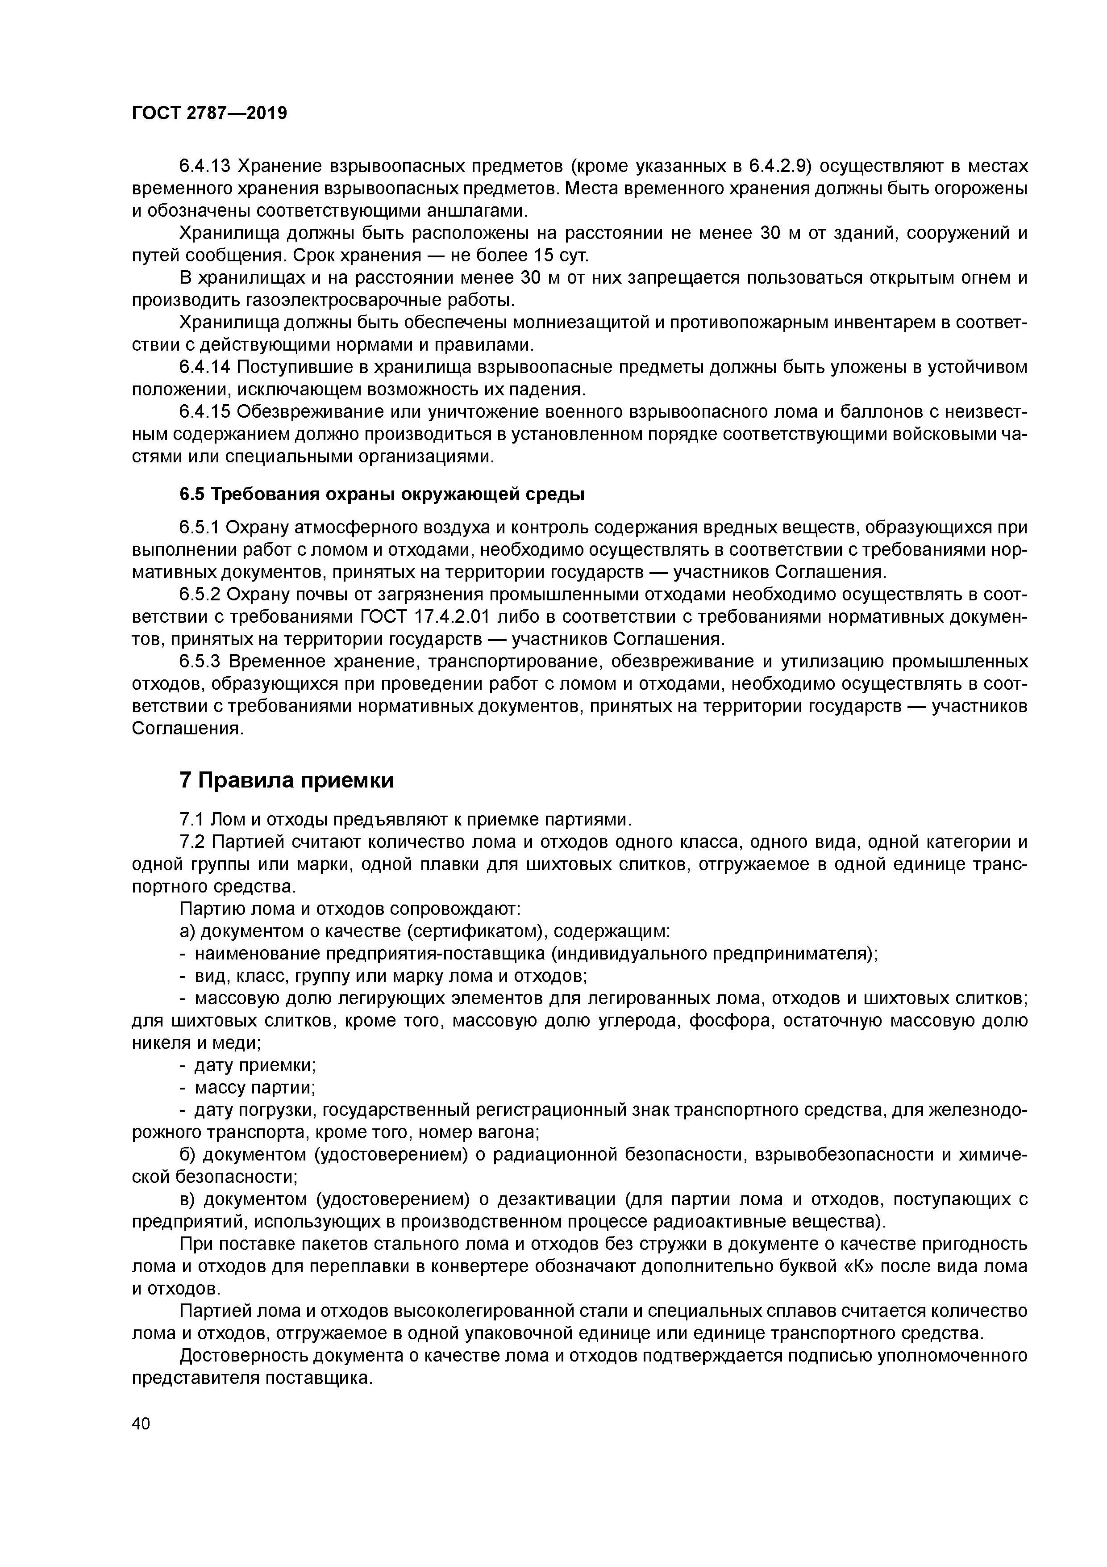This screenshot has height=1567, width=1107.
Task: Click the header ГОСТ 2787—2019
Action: tap(209, 113)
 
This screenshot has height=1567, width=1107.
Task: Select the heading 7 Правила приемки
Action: tap(287, 780)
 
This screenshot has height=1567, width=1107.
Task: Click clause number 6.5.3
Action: tap(200, 662)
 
